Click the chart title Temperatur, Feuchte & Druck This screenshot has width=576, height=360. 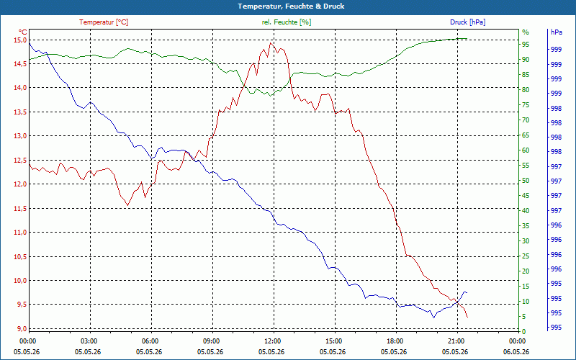coord(291,6)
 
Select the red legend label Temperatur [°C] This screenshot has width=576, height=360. coord(104,22)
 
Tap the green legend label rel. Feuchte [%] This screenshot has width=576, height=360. coord(287,22)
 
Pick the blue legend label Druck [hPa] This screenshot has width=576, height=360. coord(467,22)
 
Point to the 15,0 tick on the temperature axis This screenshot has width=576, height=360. coord(20,40)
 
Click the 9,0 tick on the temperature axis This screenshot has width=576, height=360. coord(22,328)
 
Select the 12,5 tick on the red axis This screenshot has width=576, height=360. coord(20,160)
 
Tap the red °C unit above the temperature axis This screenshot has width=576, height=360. coord(23,32)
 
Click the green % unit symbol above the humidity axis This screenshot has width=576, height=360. coord(526,32)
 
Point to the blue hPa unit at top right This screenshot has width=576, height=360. coord(557,32)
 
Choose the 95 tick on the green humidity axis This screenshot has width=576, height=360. coord(526,45)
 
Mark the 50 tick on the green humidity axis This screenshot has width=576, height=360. coord(526,181)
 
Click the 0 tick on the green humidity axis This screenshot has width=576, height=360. coord(523,332)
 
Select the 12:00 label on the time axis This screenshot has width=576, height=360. coord(271,341)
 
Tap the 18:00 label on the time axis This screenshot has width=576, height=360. coord(394,341)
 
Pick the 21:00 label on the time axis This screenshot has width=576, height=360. coord(455,341)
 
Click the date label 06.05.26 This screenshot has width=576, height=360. coord(516,351)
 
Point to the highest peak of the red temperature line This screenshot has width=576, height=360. coord(271,43)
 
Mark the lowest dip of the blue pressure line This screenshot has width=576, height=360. coord(434,318)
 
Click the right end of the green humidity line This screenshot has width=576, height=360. coord(467,38)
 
